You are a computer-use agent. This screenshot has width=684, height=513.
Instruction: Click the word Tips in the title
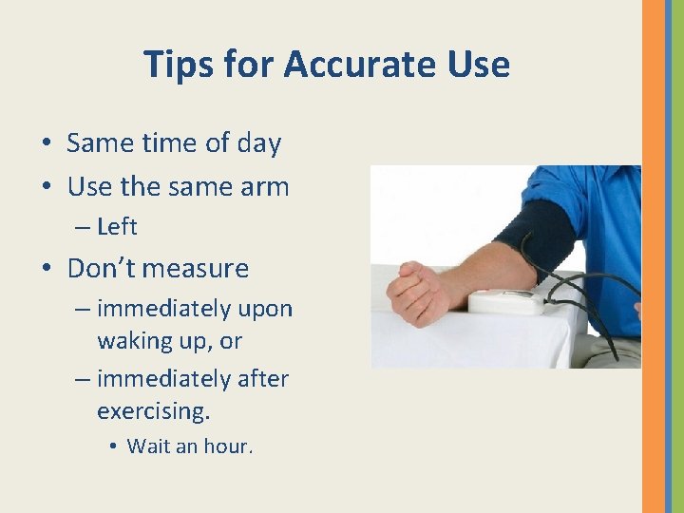tap(176, 65)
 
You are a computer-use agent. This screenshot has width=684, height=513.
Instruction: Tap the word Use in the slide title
tap(474, 65)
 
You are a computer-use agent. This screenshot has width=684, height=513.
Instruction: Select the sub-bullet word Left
tap(117, 227)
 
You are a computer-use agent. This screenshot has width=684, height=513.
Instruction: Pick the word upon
tap(266, 310)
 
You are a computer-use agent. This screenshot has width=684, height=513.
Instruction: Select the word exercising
tap(153, 411)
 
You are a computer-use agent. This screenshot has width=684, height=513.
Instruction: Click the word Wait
tap(149, 446)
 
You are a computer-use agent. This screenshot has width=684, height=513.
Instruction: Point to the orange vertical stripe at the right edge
tap(654, 256)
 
